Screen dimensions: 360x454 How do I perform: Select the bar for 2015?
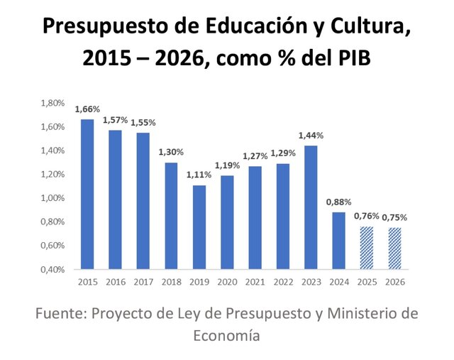pyautogui.click(x=87, y=194)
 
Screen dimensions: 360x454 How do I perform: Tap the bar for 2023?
pyautogui.click(x=310, y=207)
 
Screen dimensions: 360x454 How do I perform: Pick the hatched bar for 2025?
pyautogui.click(x=365, y=248)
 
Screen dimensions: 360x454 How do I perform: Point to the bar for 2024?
pyautogui.click(x=338, y=241)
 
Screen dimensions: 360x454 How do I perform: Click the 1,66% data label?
pyautogui.click(x=87, y=109)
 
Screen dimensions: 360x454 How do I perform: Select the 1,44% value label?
pyautogui.click(x=310, y=136)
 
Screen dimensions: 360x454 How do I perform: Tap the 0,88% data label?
pyautogui.click(x=338, y=202)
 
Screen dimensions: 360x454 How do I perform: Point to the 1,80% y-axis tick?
pyautogui.click(x=53, y=103)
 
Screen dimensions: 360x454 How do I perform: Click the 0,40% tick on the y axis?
pyautogui.click(x=53, y=269)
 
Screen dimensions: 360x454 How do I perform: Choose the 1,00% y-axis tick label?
pyautogui.click(x=53, y=198)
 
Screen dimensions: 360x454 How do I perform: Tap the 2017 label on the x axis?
pyautogui.click(x=143, y=282)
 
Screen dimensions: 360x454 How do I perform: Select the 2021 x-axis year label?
pyautogui.click(x=254, y=282)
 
